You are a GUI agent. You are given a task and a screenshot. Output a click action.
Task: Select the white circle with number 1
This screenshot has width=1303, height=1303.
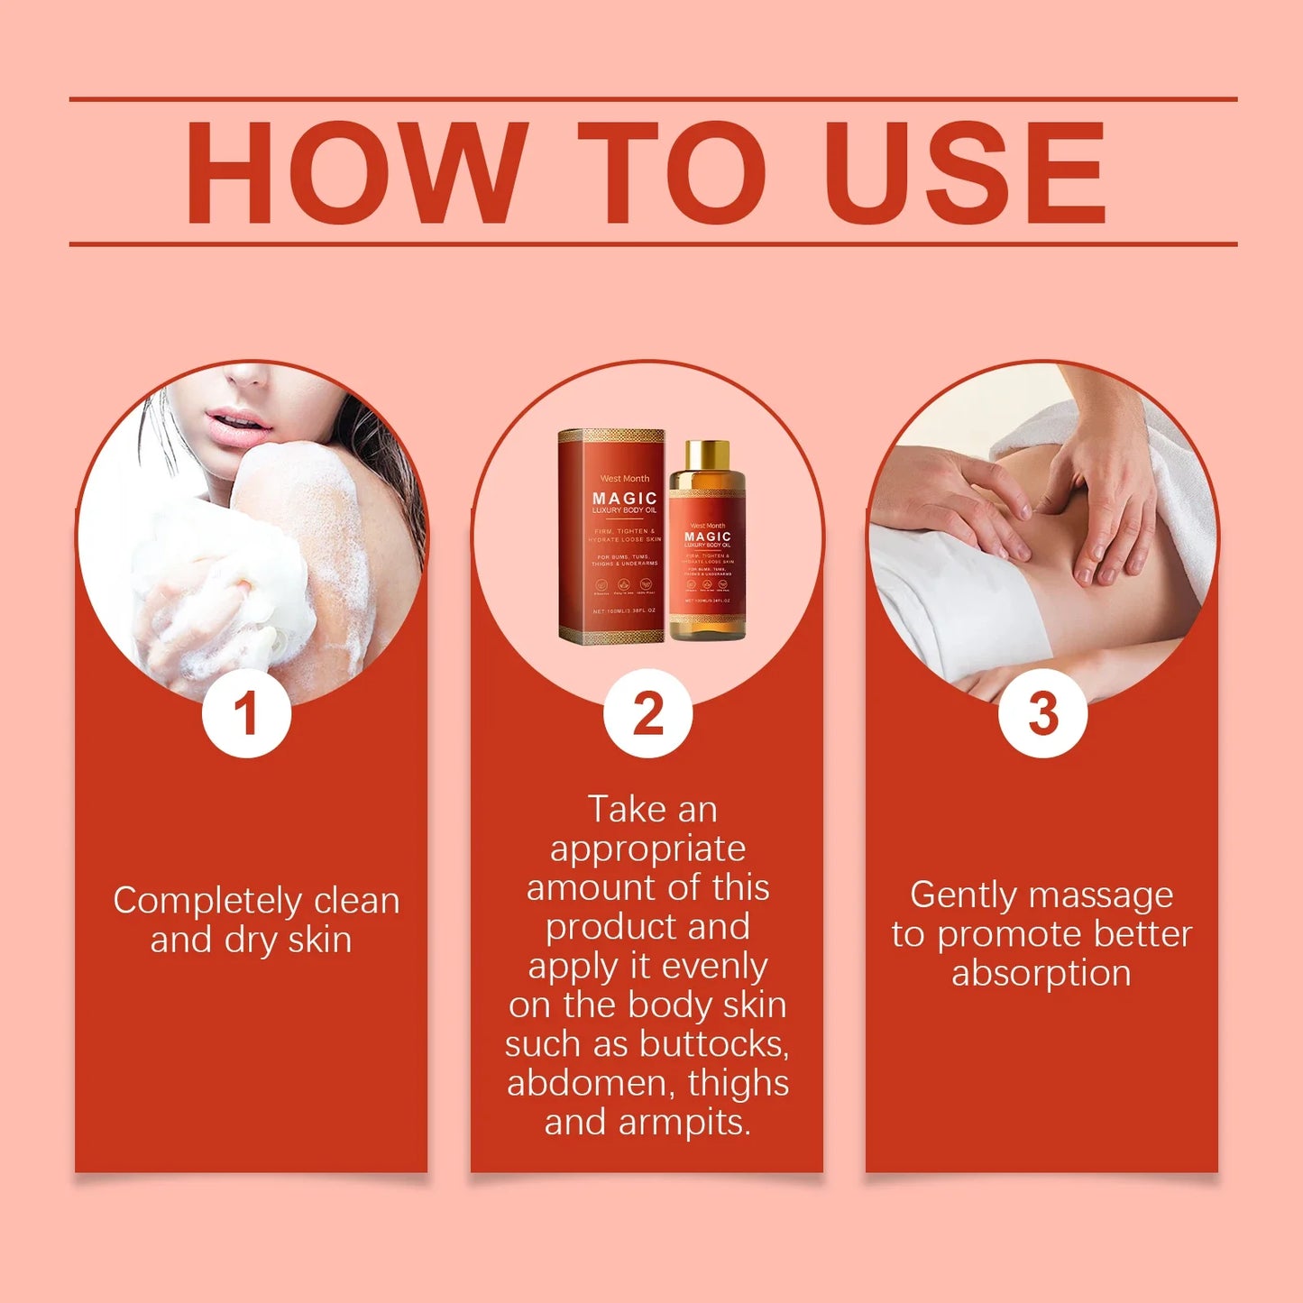(x=246, y=713)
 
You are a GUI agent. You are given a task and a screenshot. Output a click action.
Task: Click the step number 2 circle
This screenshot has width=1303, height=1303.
(x=647, y=713)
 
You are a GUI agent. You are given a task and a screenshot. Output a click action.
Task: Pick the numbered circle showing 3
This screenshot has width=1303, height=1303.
(x=1042, y=713)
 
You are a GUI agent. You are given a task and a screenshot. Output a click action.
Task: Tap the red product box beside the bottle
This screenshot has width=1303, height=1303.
(x=611, y=537)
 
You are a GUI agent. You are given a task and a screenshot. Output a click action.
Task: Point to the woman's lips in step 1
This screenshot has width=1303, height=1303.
(x=235, y=426)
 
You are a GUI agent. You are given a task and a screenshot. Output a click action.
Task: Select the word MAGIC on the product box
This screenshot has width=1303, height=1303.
(x=625, y=498)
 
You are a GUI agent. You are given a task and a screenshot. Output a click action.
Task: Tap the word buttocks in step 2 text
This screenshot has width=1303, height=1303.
(x=714, y=1044)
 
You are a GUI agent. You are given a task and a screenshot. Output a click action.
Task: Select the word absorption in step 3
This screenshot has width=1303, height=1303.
(x=1041, y=973)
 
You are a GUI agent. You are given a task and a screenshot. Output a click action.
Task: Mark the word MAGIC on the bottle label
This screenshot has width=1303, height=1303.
(x=707, y=537)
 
